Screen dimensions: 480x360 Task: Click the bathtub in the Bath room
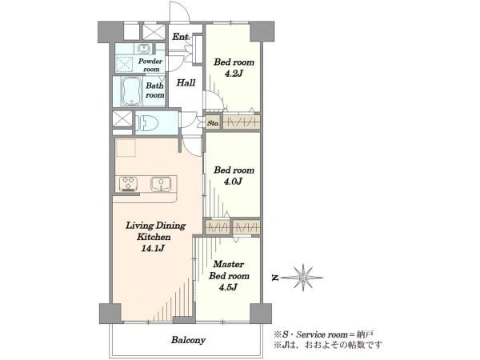pos(132,91)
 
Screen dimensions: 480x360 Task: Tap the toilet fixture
pos(147,123)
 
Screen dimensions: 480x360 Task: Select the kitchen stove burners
pos(128,184)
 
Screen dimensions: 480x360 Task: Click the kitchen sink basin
pos(161,184)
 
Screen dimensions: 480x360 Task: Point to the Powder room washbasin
pos(142,48)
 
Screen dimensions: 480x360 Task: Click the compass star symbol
pos(302,278)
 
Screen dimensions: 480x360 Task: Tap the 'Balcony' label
pos(188,340)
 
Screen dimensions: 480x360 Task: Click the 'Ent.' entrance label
pos(181,37)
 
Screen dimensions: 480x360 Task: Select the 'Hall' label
pos(186,82)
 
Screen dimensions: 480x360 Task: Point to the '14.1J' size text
pos(153,248)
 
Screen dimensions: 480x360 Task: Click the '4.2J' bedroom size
pos(234,74)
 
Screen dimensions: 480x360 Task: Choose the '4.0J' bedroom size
pos(234,182)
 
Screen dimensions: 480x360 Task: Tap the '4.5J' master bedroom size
pos(228,287)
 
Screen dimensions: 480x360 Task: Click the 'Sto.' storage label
pos(213,124)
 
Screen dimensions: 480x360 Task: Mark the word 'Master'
pos(229,264)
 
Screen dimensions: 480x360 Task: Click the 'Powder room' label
pos(150,65)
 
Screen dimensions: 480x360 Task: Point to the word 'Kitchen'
pos(154,237)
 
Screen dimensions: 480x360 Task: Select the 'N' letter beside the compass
pos(275,278)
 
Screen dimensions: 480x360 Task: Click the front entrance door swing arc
pos(182,8)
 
